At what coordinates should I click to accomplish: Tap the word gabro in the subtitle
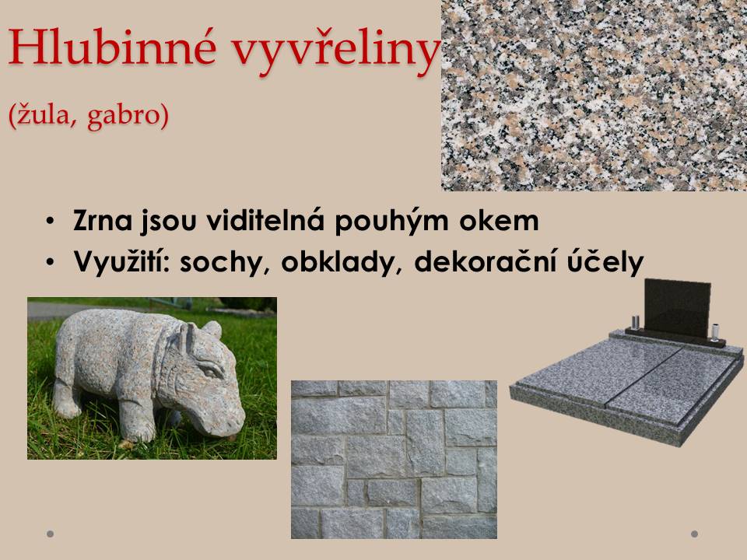pos(128,115)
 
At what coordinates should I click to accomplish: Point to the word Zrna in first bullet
pos(103,221)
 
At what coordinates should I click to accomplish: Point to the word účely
pos(605,261)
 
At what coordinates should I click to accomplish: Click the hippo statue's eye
pos(210,369)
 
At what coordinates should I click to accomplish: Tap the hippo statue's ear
pos(189,336)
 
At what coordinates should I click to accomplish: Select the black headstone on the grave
pos(677,308)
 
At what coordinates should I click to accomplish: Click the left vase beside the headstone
pos(635,323)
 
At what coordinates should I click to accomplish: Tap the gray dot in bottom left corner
pos(50,534)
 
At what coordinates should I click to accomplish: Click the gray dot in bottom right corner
pos(694,534)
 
